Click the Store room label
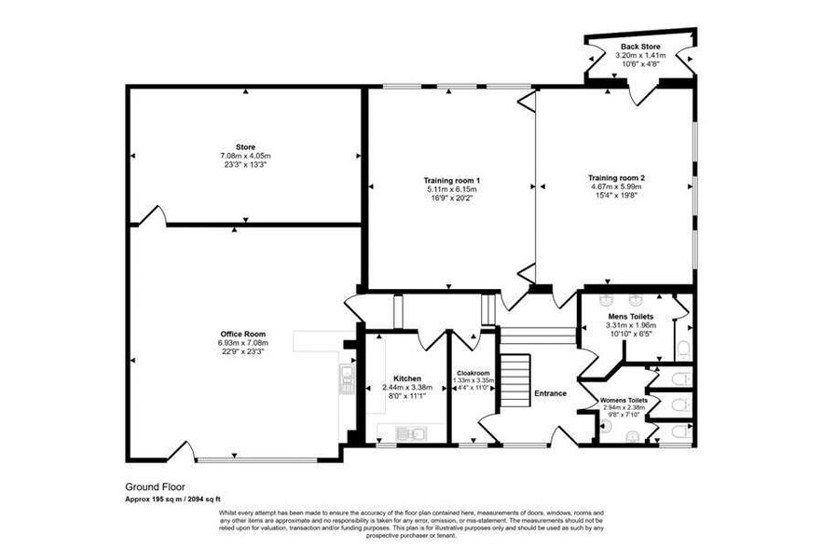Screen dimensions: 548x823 (245, 146)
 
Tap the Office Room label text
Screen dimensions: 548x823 (243, 334)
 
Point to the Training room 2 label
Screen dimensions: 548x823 (616, 177)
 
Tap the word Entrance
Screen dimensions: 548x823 (550, 393)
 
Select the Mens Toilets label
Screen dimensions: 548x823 (631, 317)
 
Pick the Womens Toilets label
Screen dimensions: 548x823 (624, 401)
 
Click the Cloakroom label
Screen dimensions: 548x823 (473, 373)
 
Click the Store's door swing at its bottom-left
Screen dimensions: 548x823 (153, 216)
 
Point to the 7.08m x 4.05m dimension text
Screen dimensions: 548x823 (245, 156)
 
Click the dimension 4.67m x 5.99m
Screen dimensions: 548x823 (616, 186)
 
